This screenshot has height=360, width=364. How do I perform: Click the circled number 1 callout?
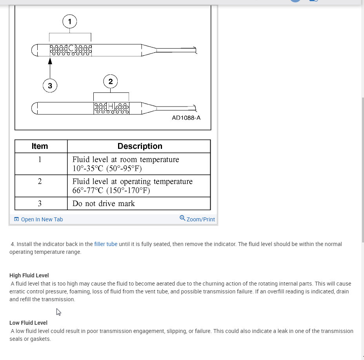(x=70, y=22)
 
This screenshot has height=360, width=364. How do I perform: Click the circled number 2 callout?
(x=111, y=81)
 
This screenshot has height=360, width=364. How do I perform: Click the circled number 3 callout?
(x=50, y=86)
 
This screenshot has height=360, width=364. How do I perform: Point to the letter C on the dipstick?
(x=71, y=49)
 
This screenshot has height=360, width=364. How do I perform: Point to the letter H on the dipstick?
(x=111, y=106)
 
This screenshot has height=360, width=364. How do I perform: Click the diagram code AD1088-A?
(x=186, y=118)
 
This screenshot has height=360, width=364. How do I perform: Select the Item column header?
(x=40, y=146)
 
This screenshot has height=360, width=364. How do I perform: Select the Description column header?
(x=140, y=146)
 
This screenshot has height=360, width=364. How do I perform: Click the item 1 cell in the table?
(x=40, y=159)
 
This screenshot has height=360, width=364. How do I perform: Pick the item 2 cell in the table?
(x=40, y=181)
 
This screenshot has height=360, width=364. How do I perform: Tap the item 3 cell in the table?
(x=40, y=203)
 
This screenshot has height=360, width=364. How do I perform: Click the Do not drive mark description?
(x=104, y=204)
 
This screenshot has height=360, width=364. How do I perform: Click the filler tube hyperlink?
(x=106, y=244)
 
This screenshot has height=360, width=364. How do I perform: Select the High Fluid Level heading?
(x=29, y=275)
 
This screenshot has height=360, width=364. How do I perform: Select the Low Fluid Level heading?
(x=28, y=323)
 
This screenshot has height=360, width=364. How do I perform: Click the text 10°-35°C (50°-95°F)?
(x=107, y=169)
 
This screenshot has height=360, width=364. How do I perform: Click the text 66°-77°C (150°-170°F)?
(x=111, y=191)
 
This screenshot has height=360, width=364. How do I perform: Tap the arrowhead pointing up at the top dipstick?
(x=50, y=61)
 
